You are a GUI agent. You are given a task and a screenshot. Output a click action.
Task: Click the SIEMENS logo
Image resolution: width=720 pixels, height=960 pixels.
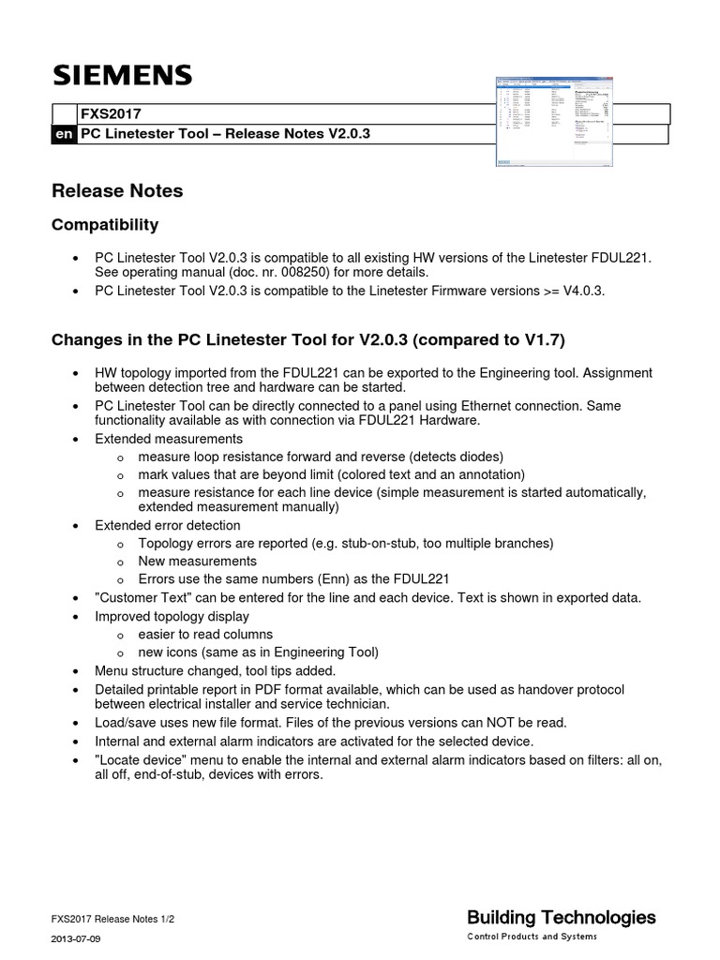coord(122,75)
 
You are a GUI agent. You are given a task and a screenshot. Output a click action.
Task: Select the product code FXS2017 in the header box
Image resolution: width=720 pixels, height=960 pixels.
coord(109,114)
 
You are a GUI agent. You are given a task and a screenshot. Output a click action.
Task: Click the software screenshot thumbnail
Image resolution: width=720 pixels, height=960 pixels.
coord(552,122)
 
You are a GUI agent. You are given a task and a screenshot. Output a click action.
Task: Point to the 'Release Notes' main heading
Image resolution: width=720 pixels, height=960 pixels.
coord(117,191)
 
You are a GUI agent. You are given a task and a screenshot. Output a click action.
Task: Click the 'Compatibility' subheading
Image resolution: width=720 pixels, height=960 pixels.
coord(104,225)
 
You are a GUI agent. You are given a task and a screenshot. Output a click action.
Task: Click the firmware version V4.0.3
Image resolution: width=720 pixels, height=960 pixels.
coord(580,291)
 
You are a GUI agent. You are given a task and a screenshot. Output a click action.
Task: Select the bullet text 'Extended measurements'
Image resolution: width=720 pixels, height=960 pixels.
coord(169,439)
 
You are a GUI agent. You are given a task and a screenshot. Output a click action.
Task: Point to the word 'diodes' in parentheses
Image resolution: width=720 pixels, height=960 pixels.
coord(482,457)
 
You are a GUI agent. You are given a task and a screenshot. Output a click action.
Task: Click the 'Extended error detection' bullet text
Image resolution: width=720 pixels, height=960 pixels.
coord(168,525)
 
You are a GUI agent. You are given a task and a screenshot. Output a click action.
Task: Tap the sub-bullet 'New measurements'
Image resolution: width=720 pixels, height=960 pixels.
coord(197,561)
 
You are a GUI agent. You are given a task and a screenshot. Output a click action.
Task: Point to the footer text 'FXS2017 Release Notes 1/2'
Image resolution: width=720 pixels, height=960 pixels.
coord(112,920)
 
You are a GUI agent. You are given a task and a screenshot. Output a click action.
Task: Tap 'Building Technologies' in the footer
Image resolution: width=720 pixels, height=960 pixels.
coord(561,917)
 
